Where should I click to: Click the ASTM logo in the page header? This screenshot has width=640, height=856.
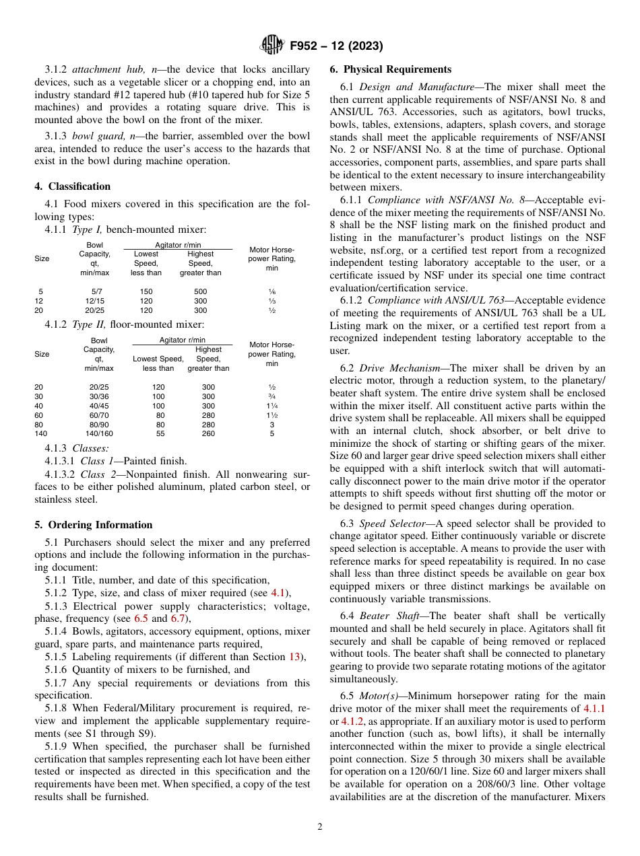(x=272, y=46)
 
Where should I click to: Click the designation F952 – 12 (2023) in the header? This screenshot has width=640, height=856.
(x=336, y=46)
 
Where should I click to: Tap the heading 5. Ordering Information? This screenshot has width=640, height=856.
(x=94, y=525)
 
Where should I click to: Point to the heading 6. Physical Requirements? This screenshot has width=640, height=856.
(x=391, y=69)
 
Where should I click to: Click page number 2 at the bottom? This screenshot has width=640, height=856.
(x=320, y=827)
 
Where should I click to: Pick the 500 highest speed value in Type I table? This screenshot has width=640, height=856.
(x=200, y=291)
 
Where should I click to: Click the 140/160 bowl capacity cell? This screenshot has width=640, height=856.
(x=99, y=434)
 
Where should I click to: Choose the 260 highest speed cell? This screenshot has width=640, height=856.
(x=208, y=434)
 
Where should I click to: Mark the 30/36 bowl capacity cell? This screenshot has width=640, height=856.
(x=99, y=396)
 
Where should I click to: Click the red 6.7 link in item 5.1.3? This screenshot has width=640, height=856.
(x=179, y=618)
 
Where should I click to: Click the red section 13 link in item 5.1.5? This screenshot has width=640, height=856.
(x=294, y=657)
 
